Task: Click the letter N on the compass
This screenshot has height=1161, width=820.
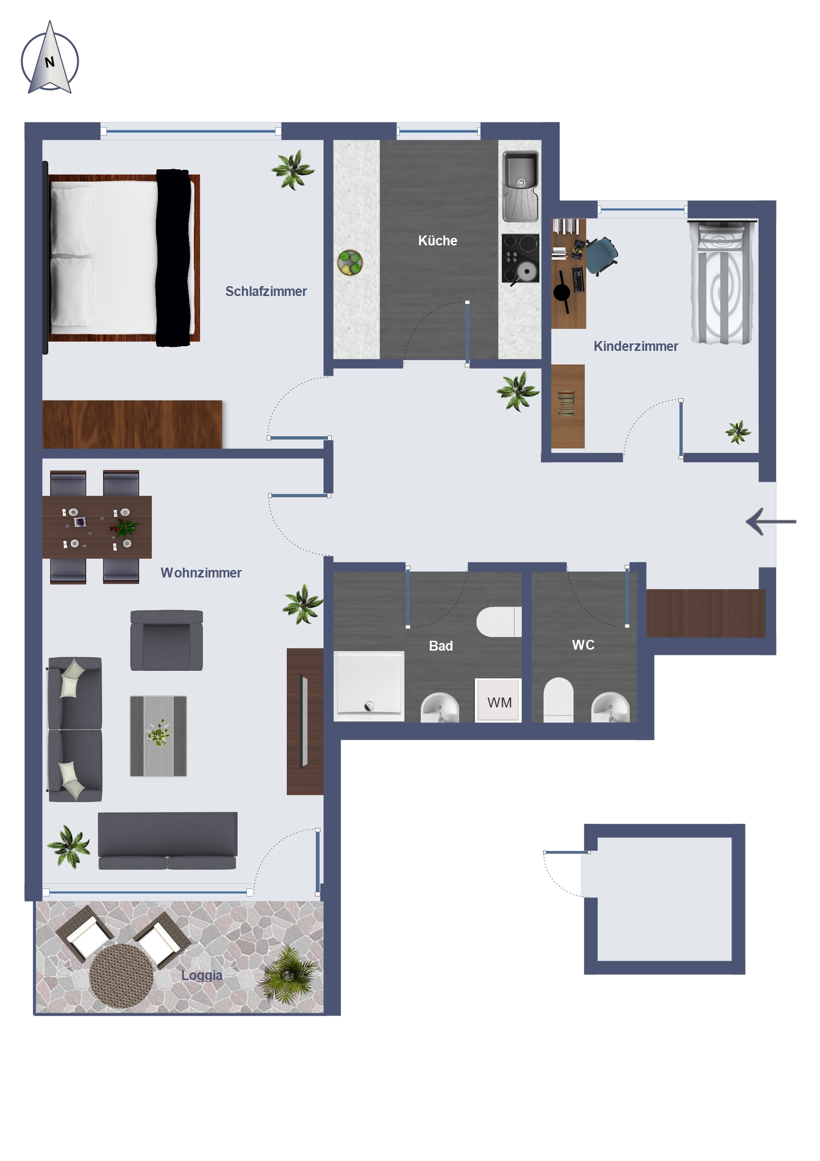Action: click(x=50, y=62)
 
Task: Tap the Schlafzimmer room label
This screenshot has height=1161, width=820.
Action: click(x=266, y=291)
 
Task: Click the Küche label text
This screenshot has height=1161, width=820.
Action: click(x=438, y=241)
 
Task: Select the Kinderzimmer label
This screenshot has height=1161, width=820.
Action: click(x=635, y=346)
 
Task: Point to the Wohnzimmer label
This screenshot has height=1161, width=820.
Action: click(x=201, y=572)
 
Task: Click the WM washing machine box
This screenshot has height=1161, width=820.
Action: click(x=498, y=700)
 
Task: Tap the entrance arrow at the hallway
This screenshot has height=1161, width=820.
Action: click(x=770, y=521)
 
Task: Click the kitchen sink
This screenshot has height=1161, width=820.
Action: click(x=521, y=187)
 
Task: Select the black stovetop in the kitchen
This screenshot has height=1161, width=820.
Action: click(x=521, y=258)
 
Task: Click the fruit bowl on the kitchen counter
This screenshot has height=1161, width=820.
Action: click(x=350, y=262)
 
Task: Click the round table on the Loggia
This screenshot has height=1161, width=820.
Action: click(x=121, y=976)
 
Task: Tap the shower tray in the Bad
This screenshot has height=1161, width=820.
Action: click(x=369, y=685)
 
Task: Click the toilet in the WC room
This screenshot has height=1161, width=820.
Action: click(x=558, y=700)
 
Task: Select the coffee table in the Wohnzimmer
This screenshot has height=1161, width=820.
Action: click(x=159, y=736)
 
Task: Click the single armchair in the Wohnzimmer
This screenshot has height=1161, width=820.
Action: click(x=167, y=640)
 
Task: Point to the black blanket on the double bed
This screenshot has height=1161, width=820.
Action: click(x=174, y=258)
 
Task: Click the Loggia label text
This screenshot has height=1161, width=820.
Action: click(x=201, y=975)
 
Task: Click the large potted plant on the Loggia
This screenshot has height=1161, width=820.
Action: click(x=288, y=974)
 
